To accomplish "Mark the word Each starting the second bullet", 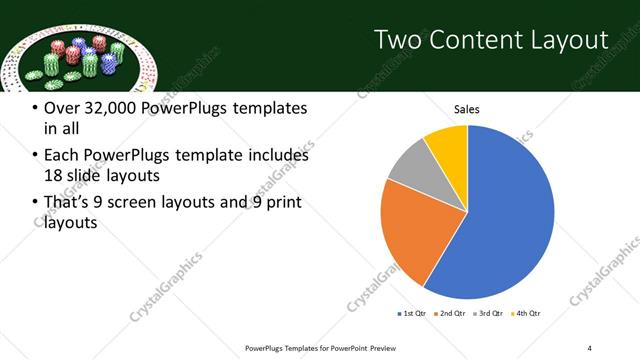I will pyautogui.click(x=63, y=156).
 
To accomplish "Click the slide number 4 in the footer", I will pyautogui.click(x=590, y=347).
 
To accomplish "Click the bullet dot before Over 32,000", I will pyautogui.click(x=35, y=108).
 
